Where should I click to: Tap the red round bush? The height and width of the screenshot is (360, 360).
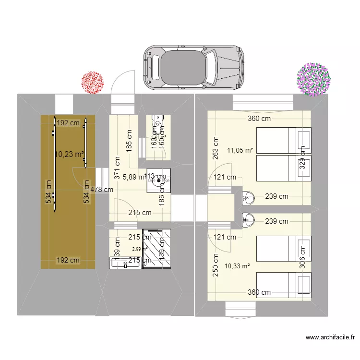pos(92,82)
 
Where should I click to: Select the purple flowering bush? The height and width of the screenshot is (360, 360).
pos(314,79)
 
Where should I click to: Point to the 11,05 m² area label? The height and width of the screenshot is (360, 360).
pos(240,150)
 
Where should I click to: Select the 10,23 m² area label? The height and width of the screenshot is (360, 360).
pos(70,154)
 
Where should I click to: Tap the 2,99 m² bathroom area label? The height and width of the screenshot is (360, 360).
pos(140,249)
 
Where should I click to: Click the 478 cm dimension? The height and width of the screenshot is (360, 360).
pos(101,190)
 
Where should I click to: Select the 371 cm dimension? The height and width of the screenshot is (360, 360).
pos(117,168)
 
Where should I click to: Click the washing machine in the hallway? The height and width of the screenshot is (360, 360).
pos(158,181)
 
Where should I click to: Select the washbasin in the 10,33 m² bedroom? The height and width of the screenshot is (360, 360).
pos(248,219)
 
